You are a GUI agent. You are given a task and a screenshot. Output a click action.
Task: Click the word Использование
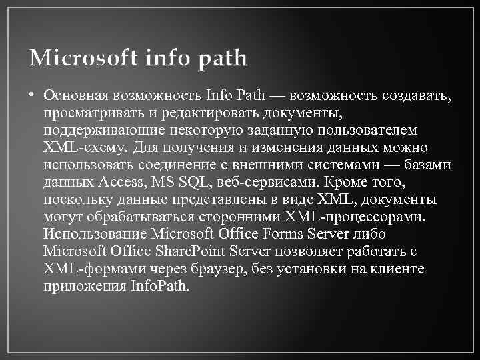pos(94,234)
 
